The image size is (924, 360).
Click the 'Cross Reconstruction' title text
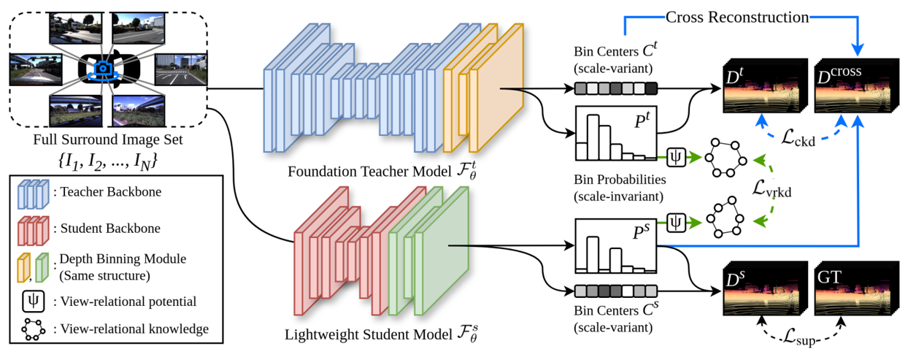click(736, 16)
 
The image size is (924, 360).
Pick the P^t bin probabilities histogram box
click(616, 133)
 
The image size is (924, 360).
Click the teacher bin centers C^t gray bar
click(616, 89)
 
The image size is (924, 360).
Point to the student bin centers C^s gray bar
click(616, 291)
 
